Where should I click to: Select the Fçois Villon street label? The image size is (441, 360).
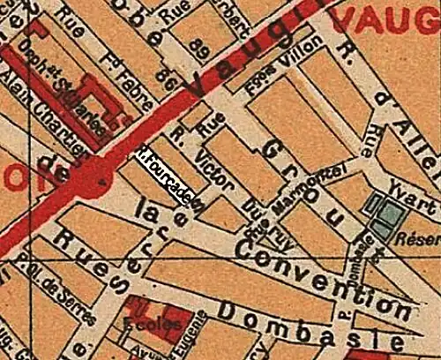(283, 59)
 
